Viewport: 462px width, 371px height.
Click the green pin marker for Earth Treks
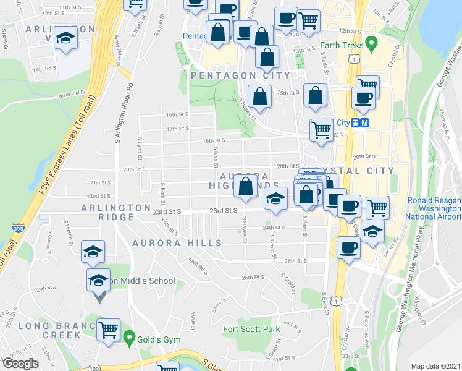click(x=371, y=44)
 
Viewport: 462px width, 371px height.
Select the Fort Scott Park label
click(x=251, y=329)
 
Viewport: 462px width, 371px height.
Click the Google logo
click(x=20, y=364)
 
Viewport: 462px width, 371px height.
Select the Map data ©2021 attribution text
click(x=435, y=366)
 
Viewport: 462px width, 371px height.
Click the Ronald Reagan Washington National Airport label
click(x=434, y=209)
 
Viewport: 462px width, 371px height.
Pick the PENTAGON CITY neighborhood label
click(x=240, y=75)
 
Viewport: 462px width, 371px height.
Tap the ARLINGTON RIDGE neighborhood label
click(x=115, y=212)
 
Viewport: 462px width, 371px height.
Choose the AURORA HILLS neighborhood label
click(x=176, y=243)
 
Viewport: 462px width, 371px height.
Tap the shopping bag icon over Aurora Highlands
click(x=246, y=185)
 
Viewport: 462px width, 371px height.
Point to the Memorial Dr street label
click(x=72, y=94)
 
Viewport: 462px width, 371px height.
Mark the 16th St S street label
click(x=177, y=114)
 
